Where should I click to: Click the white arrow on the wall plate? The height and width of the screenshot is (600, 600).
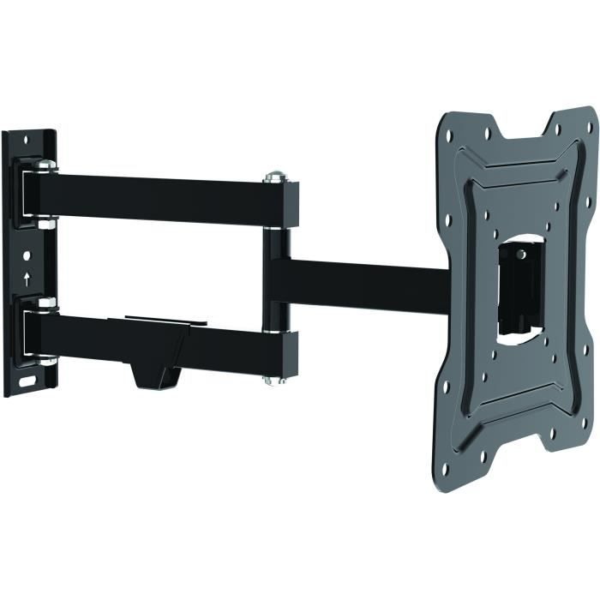click(x=27, y=279)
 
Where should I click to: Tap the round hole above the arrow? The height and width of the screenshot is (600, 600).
click(x=27, y=256)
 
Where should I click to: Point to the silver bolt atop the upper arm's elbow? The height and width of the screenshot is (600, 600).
click(x=274, y=177)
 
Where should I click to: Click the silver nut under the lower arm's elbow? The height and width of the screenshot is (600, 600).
click(x=274, y=379)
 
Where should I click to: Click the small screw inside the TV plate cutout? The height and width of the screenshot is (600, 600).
click(x=521, y=254)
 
